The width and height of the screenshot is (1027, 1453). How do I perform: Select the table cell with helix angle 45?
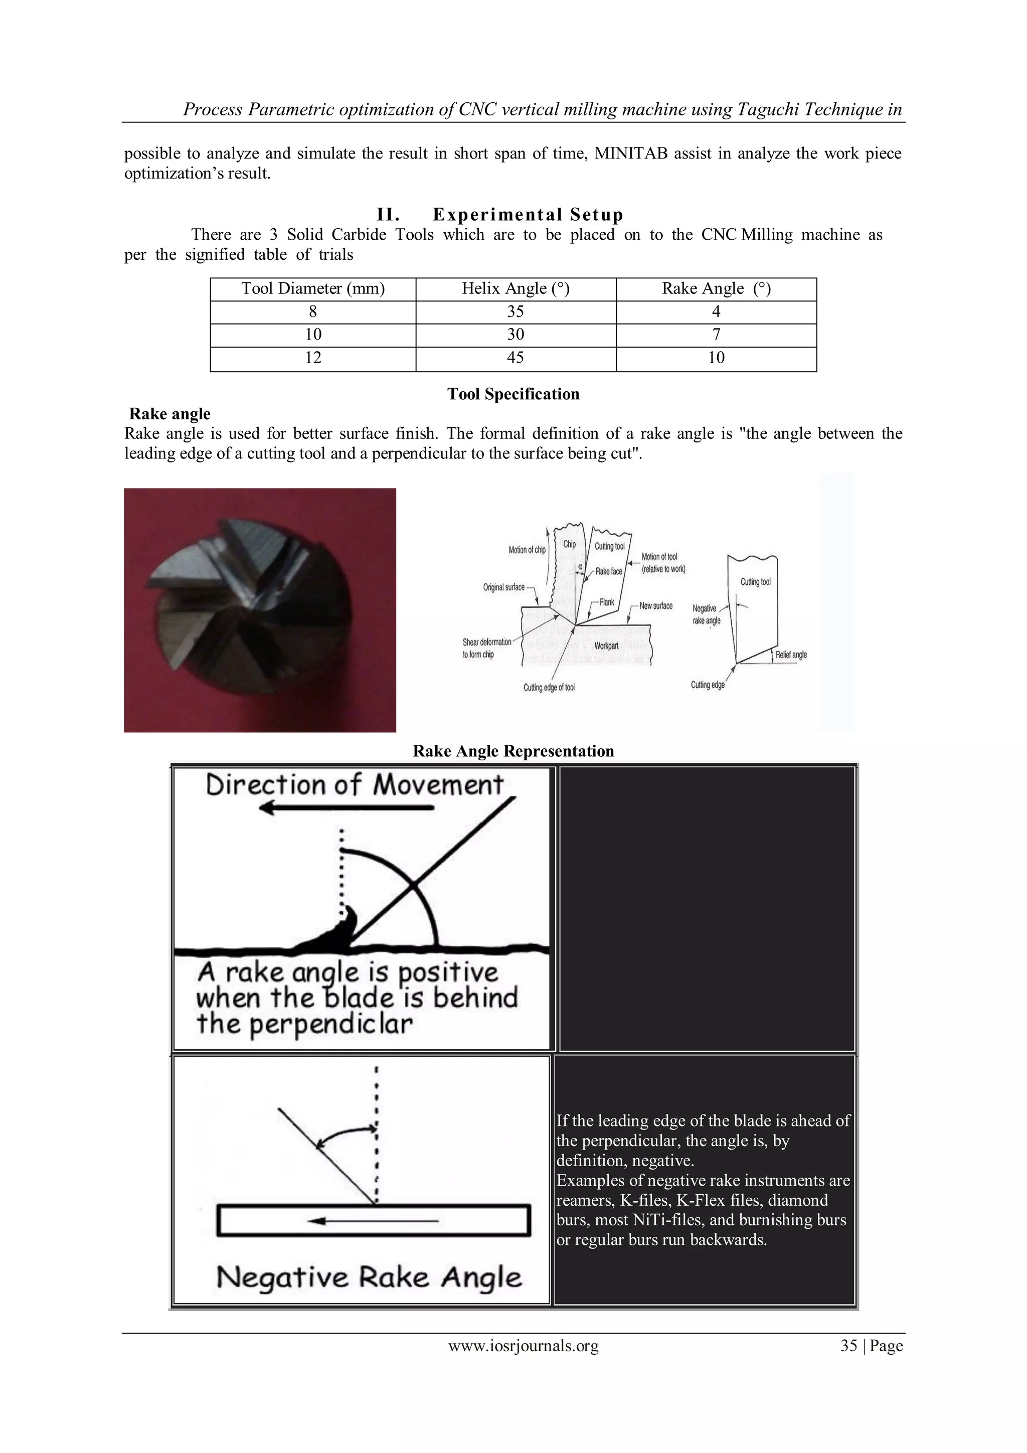tap(515, 358)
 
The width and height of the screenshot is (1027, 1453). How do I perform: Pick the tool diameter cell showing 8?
tap(312, 311)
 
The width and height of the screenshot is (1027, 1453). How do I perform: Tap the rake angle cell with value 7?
tap(716, 334)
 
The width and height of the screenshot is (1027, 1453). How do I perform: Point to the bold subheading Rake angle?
tap(169, 414)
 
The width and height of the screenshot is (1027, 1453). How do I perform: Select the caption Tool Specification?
tap(513, 394)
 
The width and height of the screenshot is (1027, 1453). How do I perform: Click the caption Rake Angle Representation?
tap(513, 751)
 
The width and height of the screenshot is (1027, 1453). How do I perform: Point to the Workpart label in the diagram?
tap(606, 646)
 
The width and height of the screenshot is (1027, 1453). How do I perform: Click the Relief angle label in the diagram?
tap(790, 655)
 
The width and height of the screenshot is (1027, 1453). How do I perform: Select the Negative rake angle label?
tap(706, 614)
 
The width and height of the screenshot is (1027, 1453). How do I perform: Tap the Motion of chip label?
tap(527, 550)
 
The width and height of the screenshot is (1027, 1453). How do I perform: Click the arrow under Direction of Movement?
tap(347, 808)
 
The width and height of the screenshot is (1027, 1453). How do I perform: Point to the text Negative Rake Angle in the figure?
tap(369, 1277)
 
